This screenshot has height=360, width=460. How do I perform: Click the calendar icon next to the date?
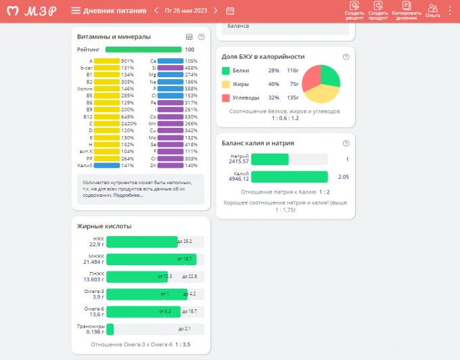pyautogui.click(x=230, y=11)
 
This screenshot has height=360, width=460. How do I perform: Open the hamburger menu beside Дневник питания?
pyautogui.click(x=76, y=11)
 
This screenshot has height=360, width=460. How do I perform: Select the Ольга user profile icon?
pyautogui.click(x=433, y=9)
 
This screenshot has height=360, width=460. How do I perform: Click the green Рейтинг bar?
pyautogui.click(x=143, y=49)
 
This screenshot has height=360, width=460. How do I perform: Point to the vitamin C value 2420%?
pyautogui.click(x=128, y=123)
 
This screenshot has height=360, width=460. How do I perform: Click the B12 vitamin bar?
pyautogui.click(x=106, y=116)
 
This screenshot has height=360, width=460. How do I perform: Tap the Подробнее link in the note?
pyautogui.click(x=128, y=196)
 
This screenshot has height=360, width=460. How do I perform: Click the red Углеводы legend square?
pyautogui.click(x=226, y=97)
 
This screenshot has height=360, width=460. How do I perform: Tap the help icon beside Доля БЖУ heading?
pyautogui.click(x=346, y=57)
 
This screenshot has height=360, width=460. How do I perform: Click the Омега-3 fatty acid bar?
pyautogui.click(x=146, y=294)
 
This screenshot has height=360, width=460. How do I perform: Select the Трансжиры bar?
pyautogui.click(x=110, y=329)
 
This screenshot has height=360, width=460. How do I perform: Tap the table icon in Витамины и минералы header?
pyautogui.click(x=189, y=37)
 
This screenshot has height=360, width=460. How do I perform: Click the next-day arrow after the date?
pyautogui.click(x=215, y=11)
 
